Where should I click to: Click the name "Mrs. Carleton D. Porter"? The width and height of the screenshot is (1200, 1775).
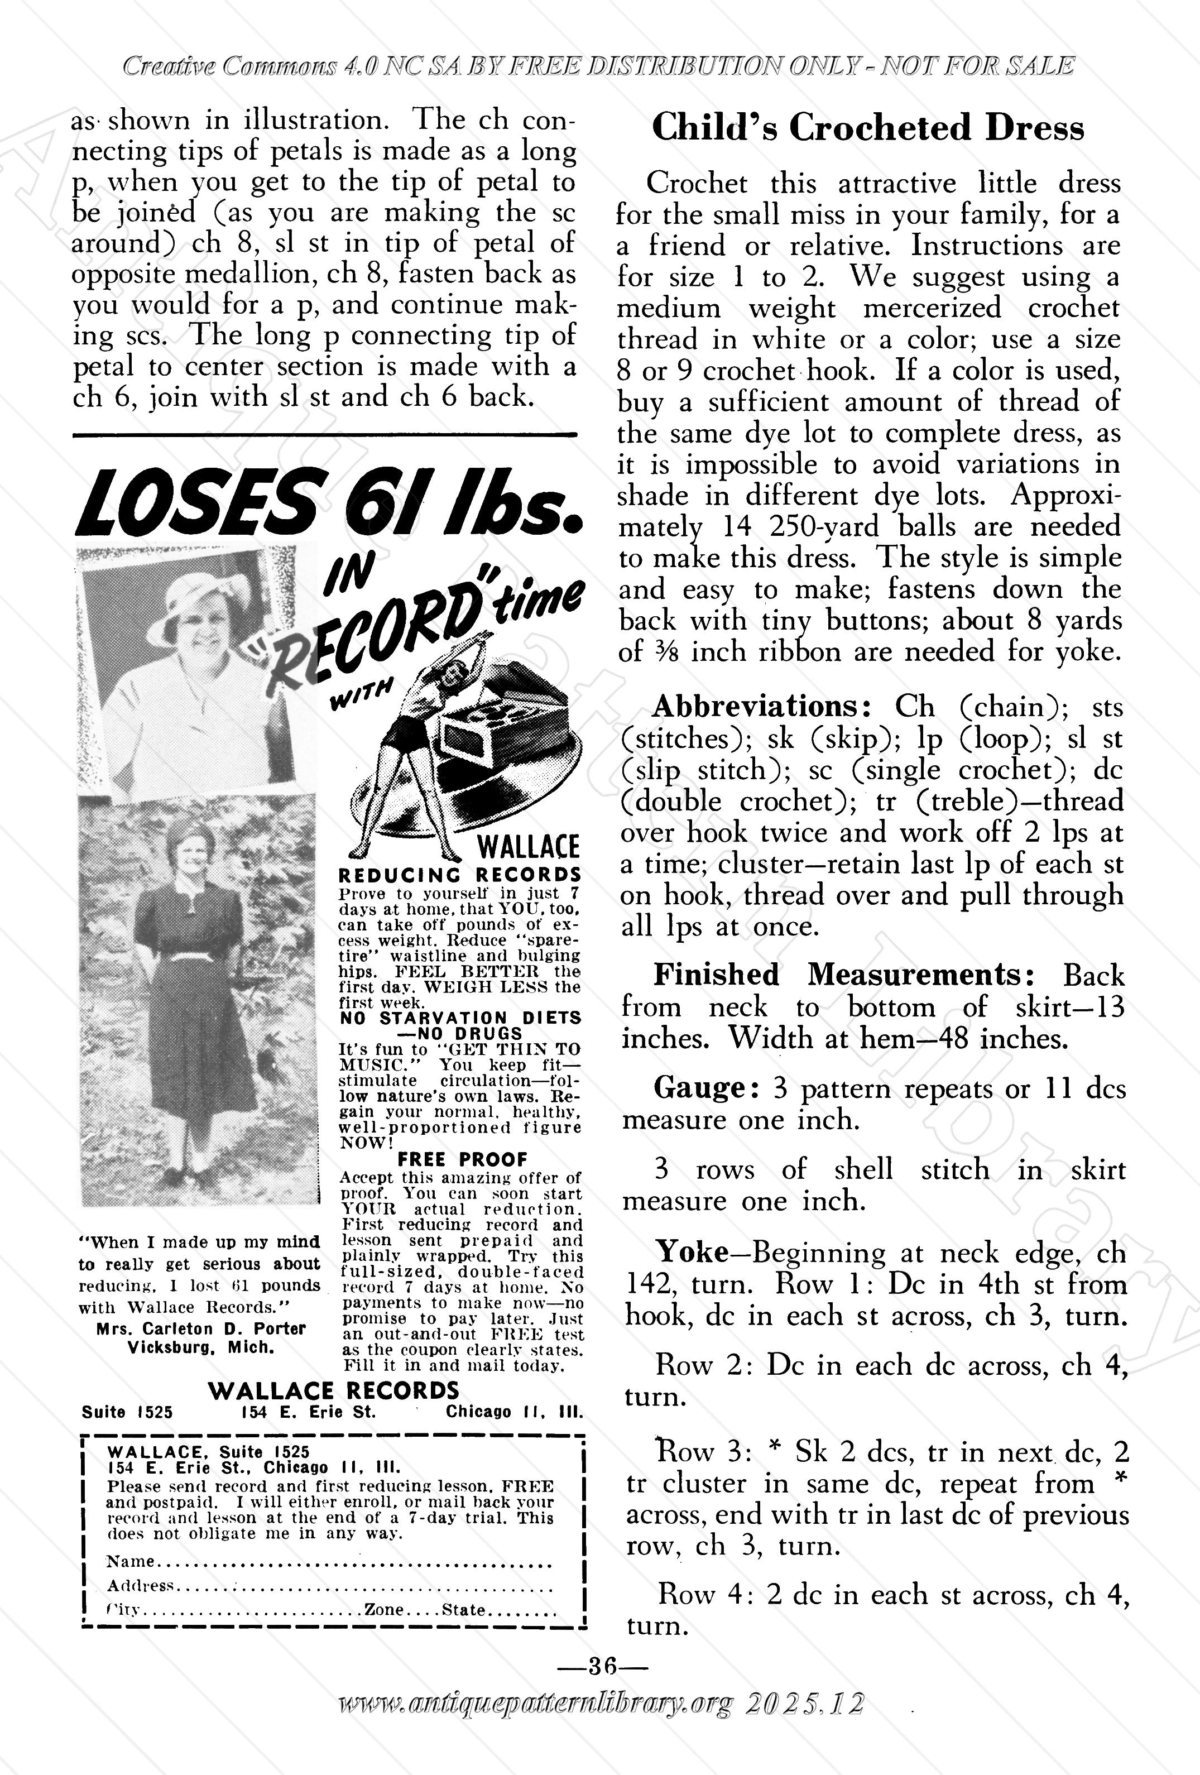(201, 1328)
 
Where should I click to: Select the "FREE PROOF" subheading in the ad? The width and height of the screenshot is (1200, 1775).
(462, 1159)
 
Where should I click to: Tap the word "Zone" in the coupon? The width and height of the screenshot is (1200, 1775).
(383, 1609)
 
